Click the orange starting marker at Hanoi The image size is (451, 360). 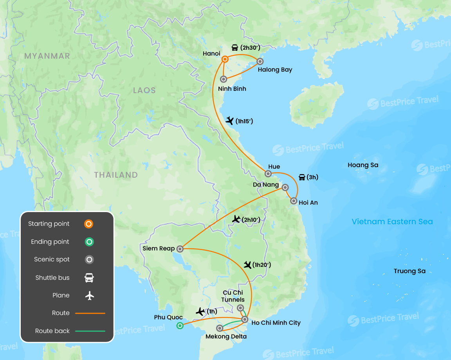[x=225, y=59]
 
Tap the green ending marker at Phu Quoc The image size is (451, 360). [x=180, y=325]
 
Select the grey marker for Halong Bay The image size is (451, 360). [x=260, y=61]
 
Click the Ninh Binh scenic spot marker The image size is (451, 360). [x=224, y=79]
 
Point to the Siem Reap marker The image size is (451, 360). [x=180, y=248]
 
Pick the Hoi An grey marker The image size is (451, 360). [x=294, y=201]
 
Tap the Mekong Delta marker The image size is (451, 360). [x=220, y=328]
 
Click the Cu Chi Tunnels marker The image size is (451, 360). [x=240, y=308]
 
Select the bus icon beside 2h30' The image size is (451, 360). [x=235, y=48]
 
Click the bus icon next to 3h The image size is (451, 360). [x=302, y=177]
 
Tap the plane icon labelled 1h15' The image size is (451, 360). [x=230, y=121]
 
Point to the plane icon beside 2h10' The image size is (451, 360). [x=236, y=219]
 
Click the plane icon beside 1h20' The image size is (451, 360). [x=247, y=265]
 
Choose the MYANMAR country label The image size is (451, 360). [x=47, y=56]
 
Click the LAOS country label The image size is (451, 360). [x=144, y=90]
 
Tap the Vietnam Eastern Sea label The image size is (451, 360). [x=392, y=222]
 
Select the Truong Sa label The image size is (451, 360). [x=410, y=271]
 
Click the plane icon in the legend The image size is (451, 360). [x=90, y=295]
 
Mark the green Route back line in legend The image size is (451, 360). [x=90, y=331]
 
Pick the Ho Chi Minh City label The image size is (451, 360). [x=276, y=323]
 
